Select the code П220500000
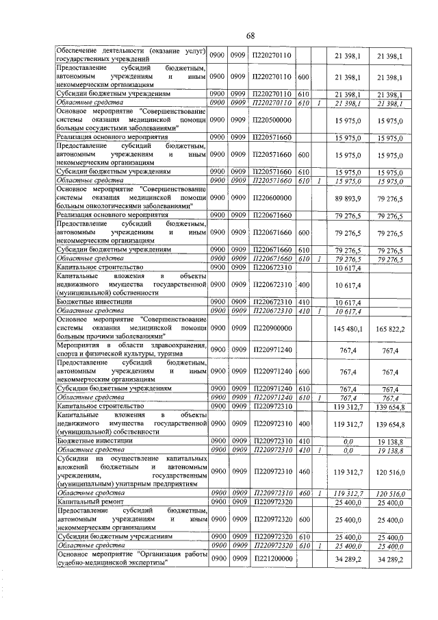coord(272,119)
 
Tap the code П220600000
coord(272,197)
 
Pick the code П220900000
coord(272,329)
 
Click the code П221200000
coord(272,560)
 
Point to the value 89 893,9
coord(347,197)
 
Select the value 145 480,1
coord(347,329)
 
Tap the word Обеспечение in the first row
coord(77,50)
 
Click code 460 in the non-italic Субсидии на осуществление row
coord(304,472)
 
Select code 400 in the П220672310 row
coord(304,284)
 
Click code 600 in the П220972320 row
coord(304,521)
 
